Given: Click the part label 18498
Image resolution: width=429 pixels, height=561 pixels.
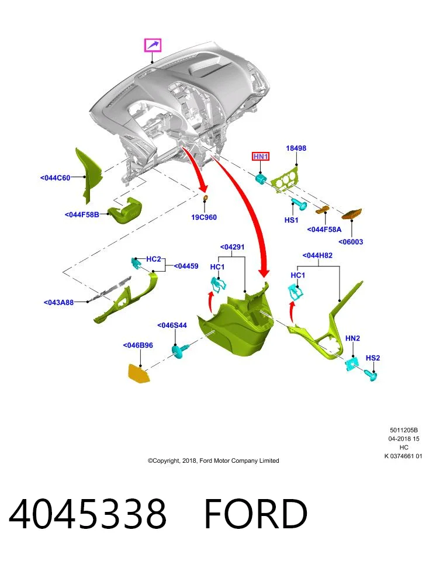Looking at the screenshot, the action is (x=296, y=148).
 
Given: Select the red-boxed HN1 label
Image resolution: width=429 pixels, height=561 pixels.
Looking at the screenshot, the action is (x=261, y=157).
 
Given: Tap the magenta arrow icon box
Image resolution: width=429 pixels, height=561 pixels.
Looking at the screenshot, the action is (x=153, y=45).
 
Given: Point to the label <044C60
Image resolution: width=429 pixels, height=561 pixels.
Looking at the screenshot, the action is (x=55, y=178).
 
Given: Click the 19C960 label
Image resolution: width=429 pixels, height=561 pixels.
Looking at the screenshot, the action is (x=204, y=217).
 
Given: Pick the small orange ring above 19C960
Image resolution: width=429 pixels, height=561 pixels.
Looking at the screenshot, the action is (x=206, y=198).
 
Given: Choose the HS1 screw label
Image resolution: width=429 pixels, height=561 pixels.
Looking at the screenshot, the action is (x=291, y=220).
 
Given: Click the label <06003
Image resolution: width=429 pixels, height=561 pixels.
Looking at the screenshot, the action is (x=351, y=242).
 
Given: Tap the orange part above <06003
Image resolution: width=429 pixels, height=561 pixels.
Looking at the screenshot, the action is (x=352, y=214).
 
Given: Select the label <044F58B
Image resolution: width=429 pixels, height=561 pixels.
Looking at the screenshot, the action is (x=82, y=214).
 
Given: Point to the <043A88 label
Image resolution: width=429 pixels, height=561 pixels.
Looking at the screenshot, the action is (x=58, y=302).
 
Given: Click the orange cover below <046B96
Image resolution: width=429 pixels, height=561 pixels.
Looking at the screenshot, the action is (x=139, y=373).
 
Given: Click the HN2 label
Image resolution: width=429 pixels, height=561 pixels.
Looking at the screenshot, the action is (x=352, y=338).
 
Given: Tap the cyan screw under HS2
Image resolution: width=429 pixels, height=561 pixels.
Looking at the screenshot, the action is (x=371, y=375).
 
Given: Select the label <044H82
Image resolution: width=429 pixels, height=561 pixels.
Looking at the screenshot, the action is (x=317, y=255).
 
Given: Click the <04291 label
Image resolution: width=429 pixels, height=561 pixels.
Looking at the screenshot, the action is (x=232, y=247).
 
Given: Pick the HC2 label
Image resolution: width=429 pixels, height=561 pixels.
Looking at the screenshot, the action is (x=154, y=259).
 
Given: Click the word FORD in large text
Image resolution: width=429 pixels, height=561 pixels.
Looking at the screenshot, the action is (x=255, y=514).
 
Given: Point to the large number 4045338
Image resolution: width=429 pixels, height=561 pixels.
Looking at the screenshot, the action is (x=88, y=514).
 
